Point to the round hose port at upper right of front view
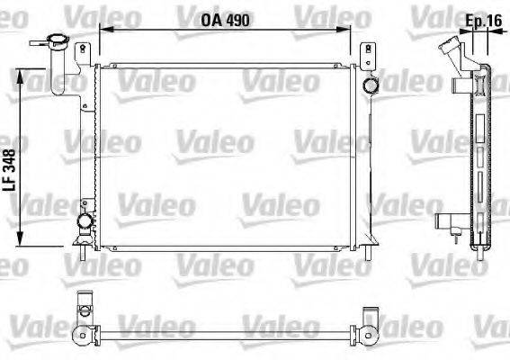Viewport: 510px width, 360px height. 369,85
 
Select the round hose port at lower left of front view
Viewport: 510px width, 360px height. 84,221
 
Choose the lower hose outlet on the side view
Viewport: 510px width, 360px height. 445,221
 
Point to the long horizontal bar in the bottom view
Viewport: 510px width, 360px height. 225,337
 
